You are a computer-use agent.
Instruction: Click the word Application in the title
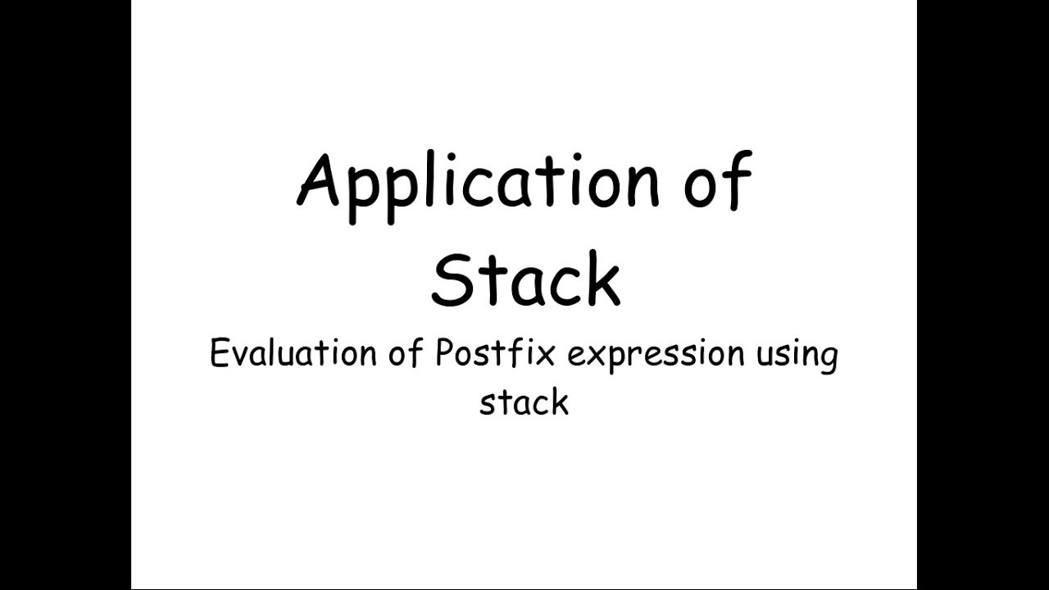(x=478, y=184)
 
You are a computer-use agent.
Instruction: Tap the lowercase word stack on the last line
(x=524, y=402)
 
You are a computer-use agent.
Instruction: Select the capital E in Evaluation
(x=220, y=353)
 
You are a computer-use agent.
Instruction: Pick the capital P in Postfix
(x=443, y=353)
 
